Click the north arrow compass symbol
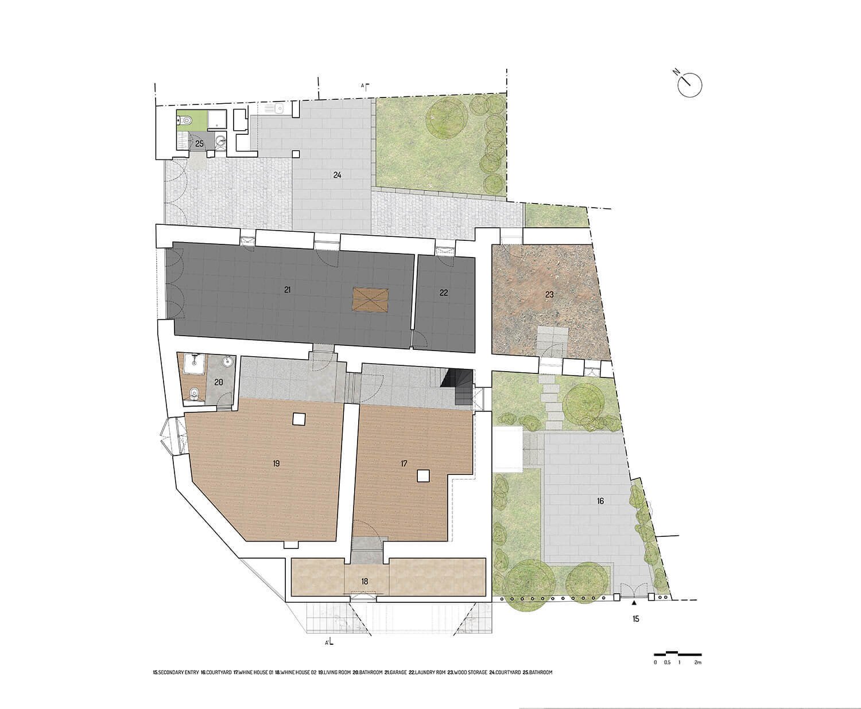689,85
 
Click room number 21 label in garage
287,290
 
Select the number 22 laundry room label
444,293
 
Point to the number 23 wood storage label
549,294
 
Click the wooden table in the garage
370,299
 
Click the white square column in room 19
298,419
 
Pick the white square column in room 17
423,475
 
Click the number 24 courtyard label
337,176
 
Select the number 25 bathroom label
199,143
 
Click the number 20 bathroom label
218,382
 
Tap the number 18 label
364,581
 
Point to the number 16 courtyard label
600,501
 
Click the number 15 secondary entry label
635,619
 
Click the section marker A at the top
364,87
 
